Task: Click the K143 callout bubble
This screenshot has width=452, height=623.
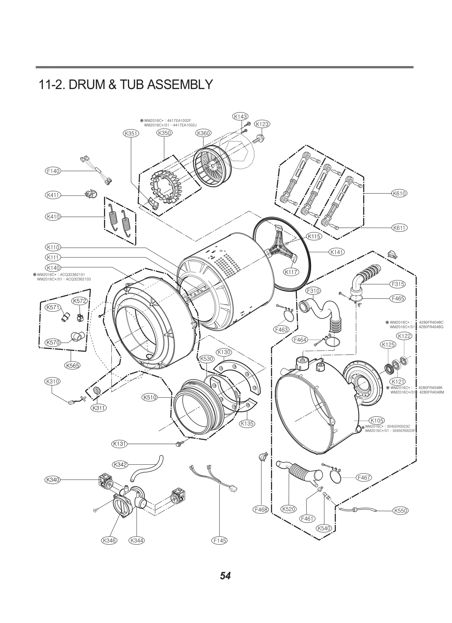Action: coord(240,116)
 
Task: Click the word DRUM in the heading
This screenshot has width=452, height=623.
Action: coord(86,84)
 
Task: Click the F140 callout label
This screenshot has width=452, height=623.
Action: coord(53,171)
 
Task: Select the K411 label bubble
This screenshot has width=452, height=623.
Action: coord(53,195)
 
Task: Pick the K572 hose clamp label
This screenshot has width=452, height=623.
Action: coord(79,301)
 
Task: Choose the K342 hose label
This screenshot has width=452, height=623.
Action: coord(120,464)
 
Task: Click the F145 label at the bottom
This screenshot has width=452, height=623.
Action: coord(220,540)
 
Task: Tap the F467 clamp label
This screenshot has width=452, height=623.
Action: coord(364,478)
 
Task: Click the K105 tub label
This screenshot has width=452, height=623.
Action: coord(377,421)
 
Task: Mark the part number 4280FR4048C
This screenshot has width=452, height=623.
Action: coord(431,322)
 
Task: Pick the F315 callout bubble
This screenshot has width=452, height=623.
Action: coord(398,284)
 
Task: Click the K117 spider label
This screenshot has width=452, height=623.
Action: coord(291,272)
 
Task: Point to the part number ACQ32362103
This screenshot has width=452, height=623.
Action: coord(75,279)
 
